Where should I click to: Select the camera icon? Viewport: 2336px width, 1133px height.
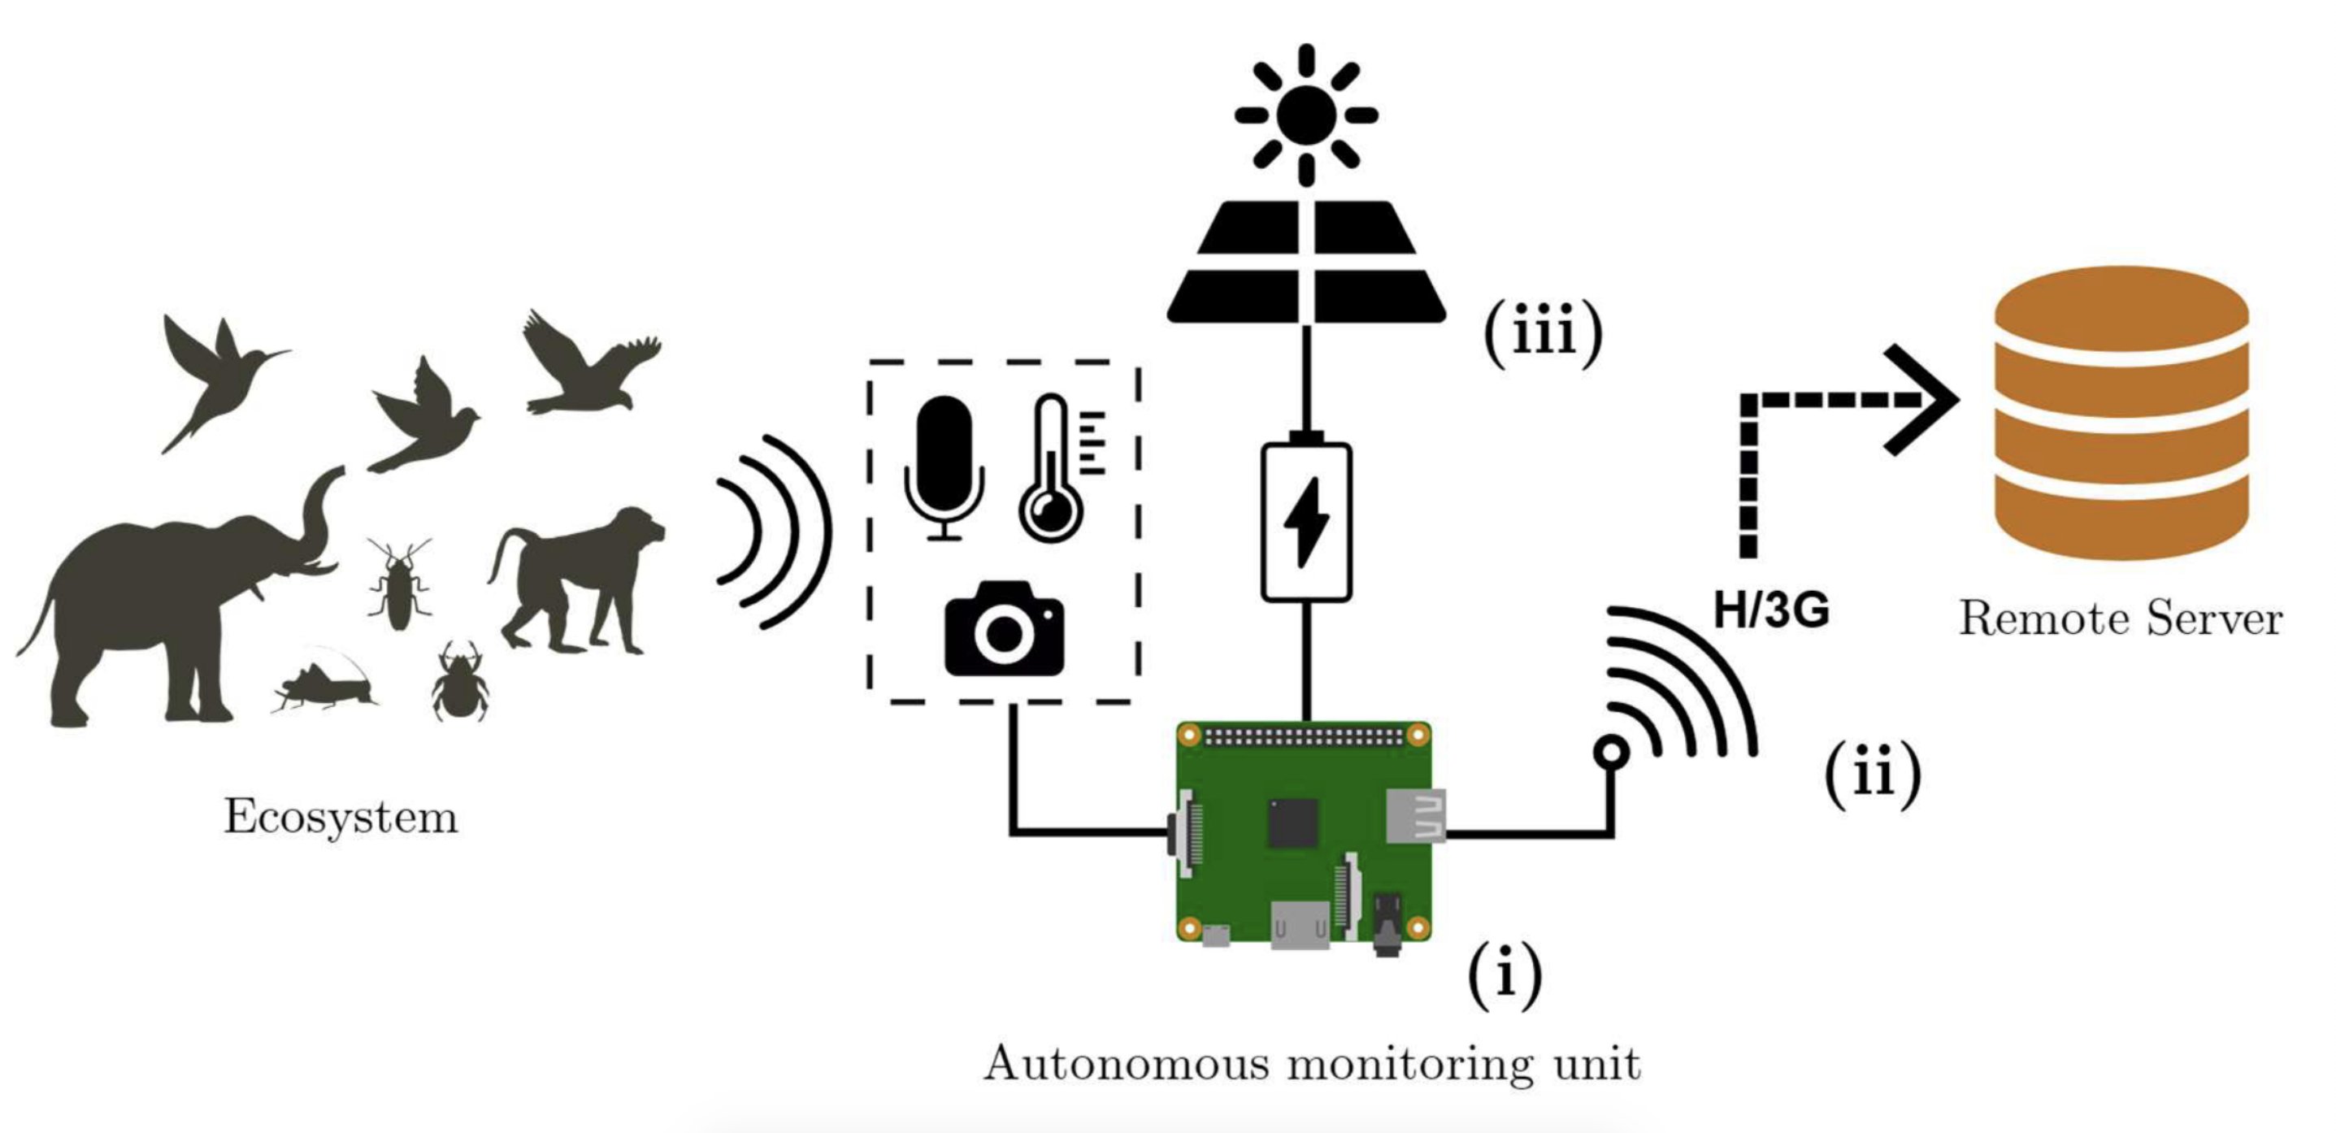coord(1004,631)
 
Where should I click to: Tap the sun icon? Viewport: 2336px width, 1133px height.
coord(1306,115)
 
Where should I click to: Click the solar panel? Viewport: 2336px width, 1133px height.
coord(1306,263)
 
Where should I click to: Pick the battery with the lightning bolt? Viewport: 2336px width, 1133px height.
coord(1307,523)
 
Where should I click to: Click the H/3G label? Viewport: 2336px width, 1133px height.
coord(1770,610)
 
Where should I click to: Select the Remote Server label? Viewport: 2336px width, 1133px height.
coord(2120,619)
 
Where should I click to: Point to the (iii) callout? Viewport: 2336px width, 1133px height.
coord(1543,334)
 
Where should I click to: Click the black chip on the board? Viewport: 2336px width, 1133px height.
coord(1292,823)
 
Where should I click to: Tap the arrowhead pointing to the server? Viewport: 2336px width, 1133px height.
coord(1927,399)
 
